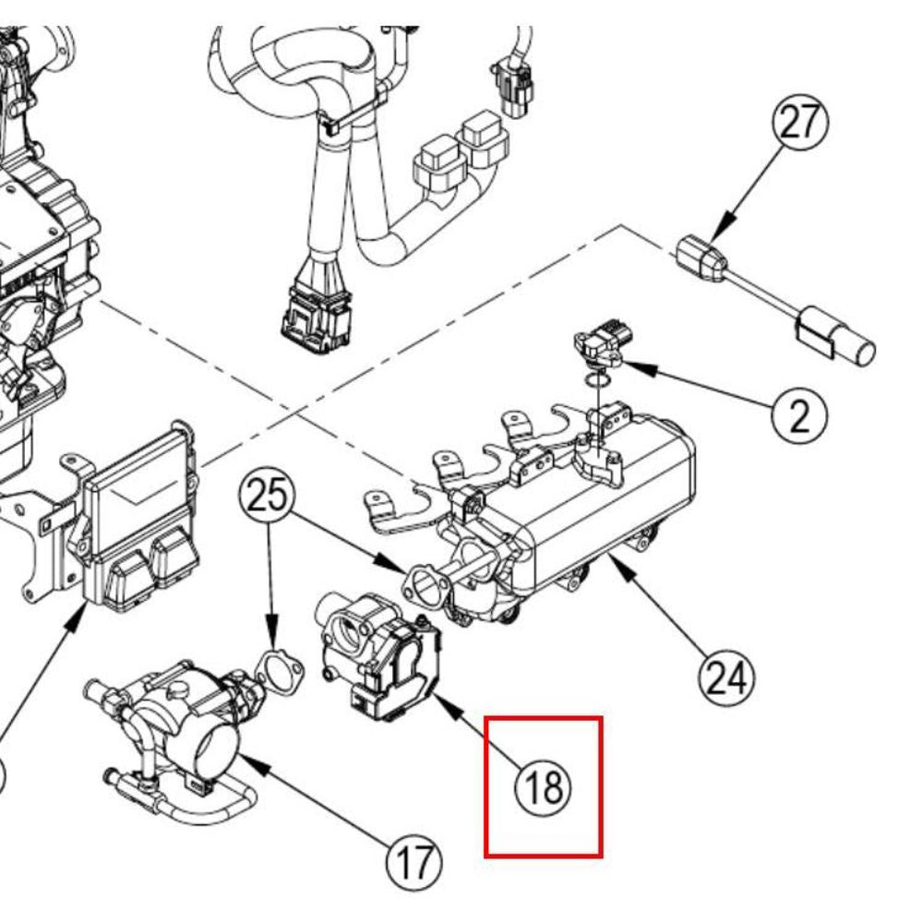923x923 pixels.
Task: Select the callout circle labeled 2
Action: (x=799, y=415)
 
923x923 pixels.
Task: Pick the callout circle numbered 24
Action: (x=725, y=678)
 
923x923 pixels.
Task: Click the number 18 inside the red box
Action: (x=545, y=787)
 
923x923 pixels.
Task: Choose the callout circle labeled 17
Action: (x=414, y=863)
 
